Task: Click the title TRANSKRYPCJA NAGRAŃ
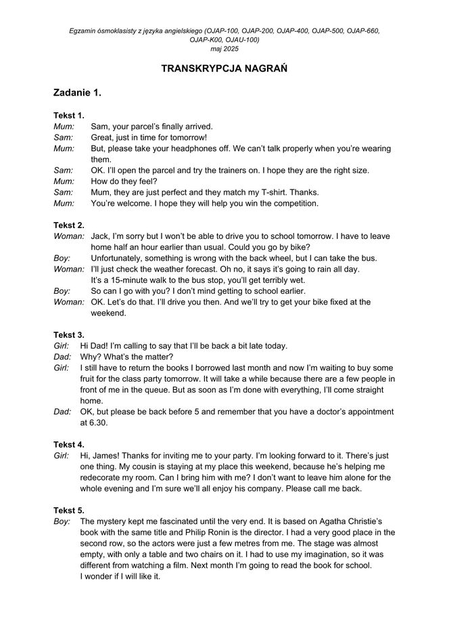pos(224,68)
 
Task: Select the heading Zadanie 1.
pos(77,93)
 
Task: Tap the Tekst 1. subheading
pos(69,116)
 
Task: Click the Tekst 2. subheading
pos(69,225)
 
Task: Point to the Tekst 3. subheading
pos(69,334)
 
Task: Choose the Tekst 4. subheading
pos(69,444)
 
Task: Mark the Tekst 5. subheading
pos(69,510)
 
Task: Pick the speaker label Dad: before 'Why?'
pos(62,357)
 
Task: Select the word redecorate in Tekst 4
pos(103,478)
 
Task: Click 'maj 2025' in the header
pos(224,49)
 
